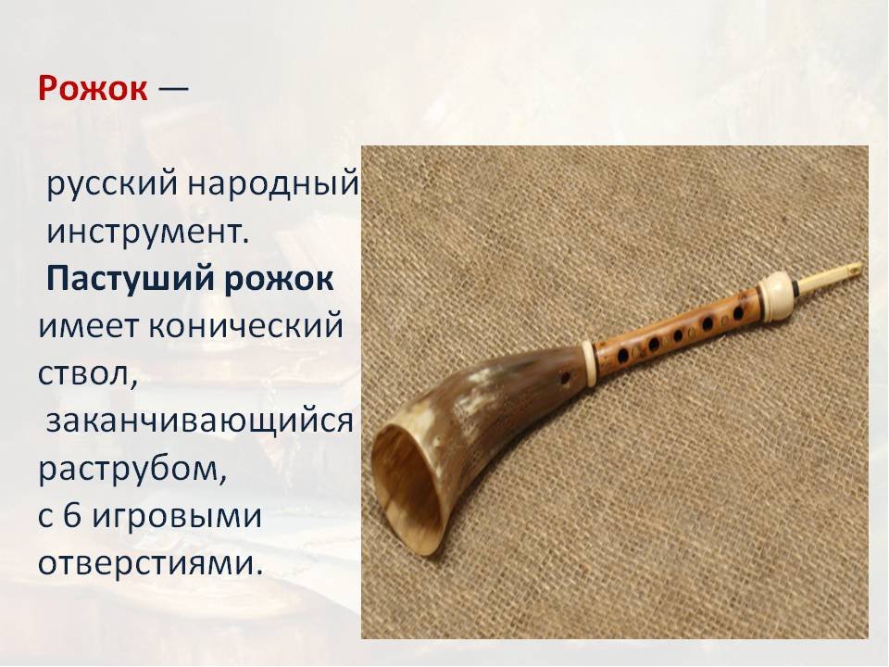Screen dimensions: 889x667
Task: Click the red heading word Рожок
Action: [x=93, y=89]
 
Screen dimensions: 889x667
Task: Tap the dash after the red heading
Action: [x=173, y=89]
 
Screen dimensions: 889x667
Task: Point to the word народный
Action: [x=273, y=184]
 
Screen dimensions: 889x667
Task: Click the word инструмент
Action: [x=148, y=232]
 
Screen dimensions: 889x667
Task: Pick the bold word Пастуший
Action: [x=130, y=279]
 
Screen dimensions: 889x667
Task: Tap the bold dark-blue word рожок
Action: [x=279, y=280]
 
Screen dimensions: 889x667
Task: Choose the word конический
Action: [x=245, y=326]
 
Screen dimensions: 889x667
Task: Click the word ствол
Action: [x=88, y=374]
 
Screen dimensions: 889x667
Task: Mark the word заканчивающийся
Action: [x=200, y=422]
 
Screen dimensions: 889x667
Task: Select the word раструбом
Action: [x=132, y=471]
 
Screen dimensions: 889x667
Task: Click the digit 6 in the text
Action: [x=72, y=516]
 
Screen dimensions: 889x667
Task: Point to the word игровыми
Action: [x=177, y=518]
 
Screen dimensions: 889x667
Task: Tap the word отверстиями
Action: [x=151, y=564]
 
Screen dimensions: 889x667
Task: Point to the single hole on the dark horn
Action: [x=564, y=378]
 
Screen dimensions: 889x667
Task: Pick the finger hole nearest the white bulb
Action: [x=738, y=312]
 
